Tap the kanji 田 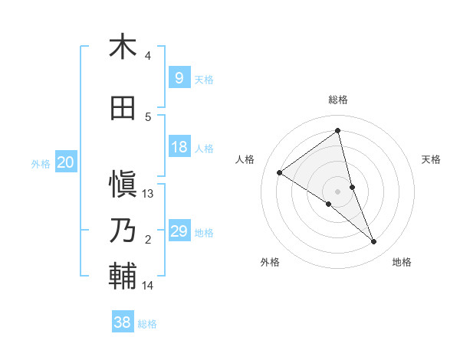tap(123, 108)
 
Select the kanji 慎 tap(123, 184)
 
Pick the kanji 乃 tap(123, 230)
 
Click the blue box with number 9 tap(179, 78)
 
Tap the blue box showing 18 tap(179, 147)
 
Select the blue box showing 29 tap(179, 231)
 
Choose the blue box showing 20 tap(66, 162)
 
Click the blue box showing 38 tap(122, 323)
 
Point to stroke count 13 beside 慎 tap(149, 194)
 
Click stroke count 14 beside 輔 tap(149, 286)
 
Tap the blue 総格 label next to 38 tap(147, 324)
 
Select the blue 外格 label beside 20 tap(40, 163)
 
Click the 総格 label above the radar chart tap(337, 100)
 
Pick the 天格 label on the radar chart tap(431, 159)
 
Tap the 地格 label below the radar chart tap(402, 262)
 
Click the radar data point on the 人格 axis tap(280, 172)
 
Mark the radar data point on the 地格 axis tap(374, 241)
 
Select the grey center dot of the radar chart tap(337, 191)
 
